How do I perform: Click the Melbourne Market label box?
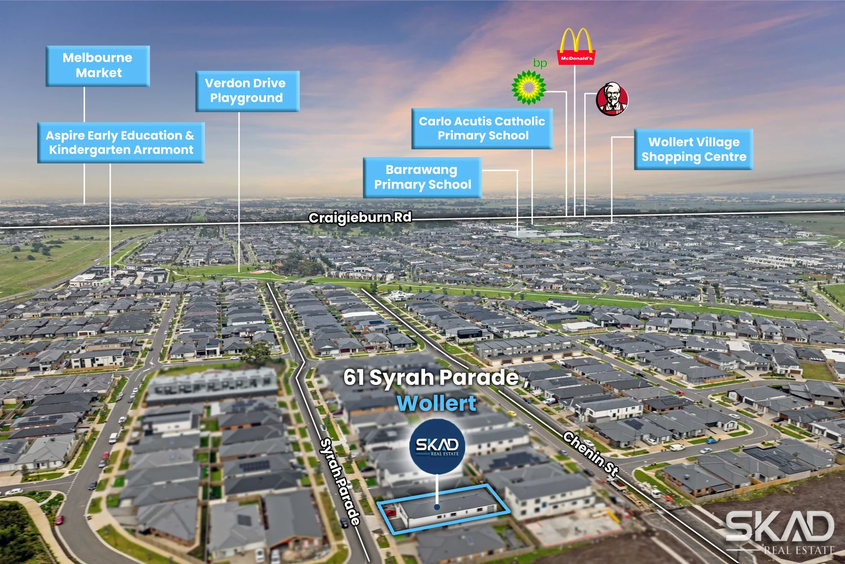(x=98, y=66)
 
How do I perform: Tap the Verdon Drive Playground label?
(x=247, y=91)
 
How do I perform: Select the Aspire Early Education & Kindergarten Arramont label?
(x=121, y=143)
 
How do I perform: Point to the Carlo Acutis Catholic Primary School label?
(x=482, y=128)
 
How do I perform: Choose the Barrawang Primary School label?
(x=422, y=178)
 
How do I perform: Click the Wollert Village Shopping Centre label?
(x=693, y=149)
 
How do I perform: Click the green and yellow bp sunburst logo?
(x=528, y=88)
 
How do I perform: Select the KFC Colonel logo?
(x=612, y=99)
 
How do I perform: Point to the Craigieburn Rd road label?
(x=360, y=218)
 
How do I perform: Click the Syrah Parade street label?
(x=340, y=481)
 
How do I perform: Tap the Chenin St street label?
(x=591, y=454)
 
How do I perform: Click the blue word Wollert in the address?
(x=437, y=403)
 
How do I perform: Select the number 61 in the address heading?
(x=354, y=377)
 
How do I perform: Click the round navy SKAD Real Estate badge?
(x=437, y=446)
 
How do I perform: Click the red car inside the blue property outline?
(x=390, y=513)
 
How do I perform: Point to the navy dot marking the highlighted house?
(x=437, y=507)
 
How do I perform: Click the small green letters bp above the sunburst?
(x=540, y=63)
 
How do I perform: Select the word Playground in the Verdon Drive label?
(x=246, y=98)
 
